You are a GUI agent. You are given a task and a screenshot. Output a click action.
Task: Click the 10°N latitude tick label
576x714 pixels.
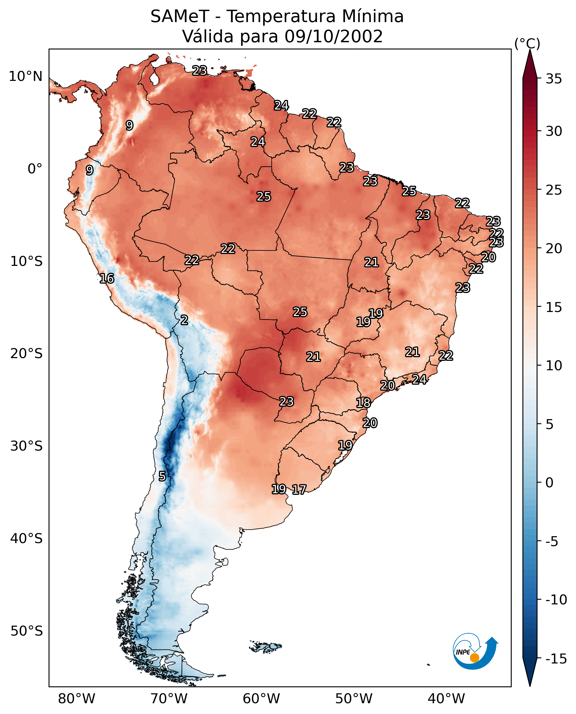coord(26,77)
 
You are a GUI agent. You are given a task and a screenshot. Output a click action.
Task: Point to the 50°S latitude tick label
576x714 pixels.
coord(27,631)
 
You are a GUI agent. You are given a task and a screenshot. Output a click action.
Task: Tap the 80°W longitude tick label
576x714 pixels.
coord(77,699)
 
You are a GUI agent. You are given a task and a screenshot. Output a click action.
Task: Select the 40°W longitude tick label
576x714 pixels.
coord(446,699)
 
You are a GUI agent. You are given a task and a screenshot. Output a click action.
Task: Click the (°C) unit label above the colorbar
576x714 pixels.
coord(527,43)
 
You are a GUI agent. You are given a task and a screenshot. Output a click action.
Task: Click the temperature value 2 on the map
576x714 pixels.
coord(184,320)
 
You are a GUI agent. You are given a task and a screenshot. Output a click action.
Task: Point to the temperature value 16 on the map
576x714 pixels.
coord(107,278)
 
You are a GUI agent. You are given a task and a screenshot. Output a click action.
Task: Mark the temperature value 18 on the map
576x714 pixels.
coord(363,403)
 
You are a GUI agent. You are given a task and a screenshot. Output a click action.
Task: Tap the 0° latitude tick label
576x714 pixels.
coord(35,169)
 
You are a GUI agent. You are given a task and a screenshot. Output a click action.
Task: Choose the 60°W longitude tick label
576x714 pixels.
coord(261,699)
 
